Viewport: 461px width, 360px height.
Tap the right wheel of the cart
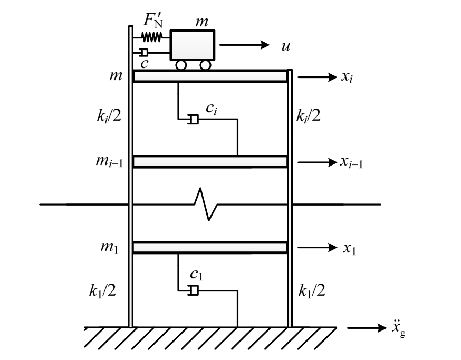click(x=206, y=65)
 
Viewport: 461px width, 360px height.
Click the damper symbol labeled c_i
click(x=194, y=120)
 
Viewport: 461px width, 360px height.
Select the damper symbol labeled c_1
click(x=194, y=290)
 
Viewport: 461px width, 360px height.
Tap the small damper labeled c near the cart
click(x=144, y=52)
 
